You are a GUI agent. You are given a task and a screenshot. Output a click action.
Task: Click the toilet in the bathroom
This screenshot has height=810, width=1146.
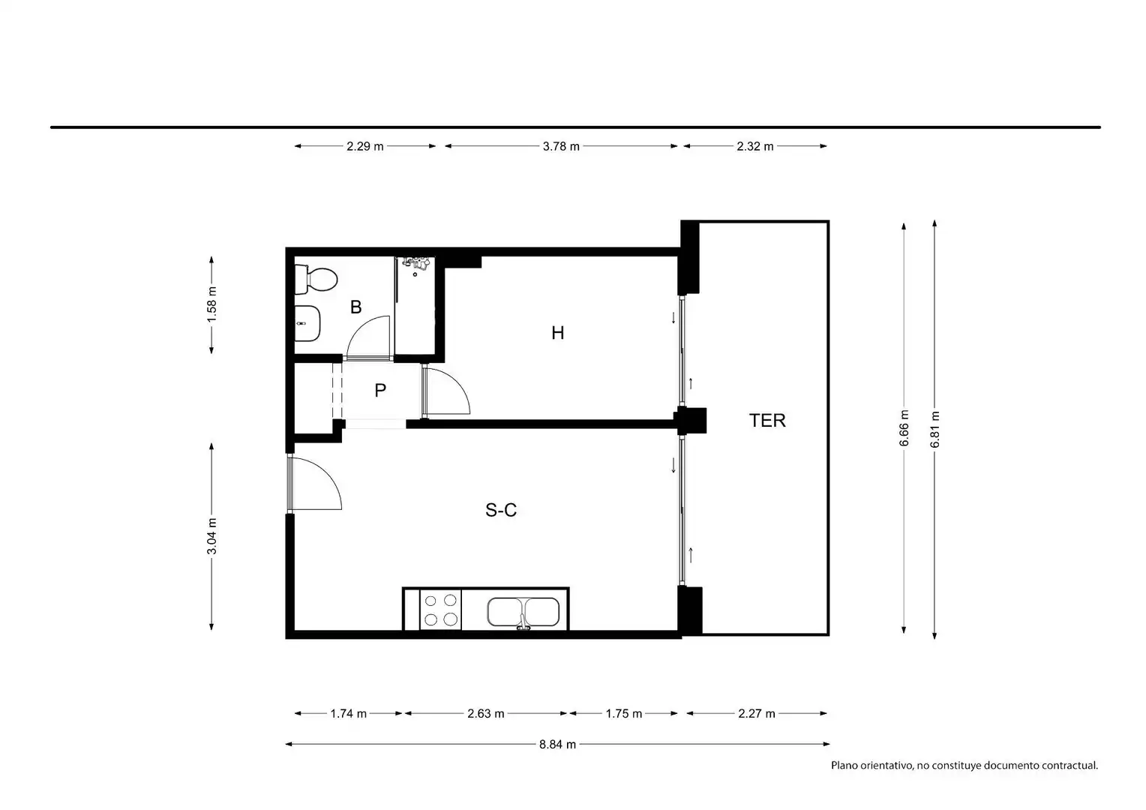[316, 280]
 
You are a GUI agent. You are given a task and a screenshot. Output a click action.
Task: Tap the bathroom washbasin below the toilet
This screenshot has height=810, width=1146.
[307, 323]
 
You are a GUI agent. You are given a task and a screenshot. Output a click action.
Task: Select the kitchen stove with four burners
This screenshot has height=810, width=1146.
[440, 610]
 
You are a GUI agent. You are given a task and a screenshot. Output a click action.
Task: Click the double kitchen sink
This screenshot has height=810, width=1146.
[523, 612]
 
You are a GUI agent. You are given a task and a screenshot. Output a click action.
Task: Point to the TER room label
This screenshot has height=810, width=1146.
[767, 420]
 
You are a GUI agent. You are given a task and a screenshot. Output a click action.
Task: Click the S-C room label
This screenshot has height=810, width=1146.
[501, 510]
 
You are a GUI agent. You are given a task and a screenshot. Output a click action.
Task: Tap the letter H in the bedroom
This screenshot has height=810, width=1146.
[558, 333]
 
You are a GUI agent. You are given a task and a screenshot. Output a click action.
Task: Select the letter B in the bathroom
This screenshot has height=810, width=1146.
[355, 307]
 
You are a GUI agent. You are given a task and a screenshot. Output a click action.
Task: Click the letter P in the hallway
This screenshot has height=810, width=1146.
[380, 391]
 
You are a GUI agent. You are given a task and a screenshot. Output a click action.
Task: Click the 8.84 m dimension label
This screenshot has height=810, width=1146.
[557, 745]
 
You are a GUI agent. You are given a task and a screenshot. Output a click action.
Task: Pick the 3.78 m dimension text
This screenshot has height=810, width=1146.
[561, 146]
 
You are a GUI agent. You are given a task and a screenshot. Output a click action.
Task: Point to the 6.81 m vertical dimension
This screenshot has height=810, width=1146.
[934, 429]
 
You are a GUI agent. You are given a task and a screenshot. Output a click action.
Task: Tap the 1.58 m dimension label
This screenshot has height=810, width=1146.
[211, 305]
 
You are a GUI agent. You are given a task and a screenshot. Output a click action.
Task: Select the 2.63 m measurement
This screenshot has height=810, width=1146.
[485, 714]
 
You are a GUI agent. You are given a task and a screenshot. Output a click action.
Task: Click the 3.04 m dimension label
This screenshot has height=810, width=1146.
[211, 536]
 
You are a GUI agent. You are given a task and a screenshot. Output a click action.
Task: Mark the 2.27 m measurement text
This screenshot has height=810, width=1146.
[756, 714]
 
